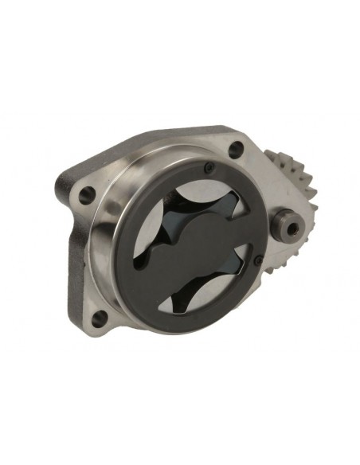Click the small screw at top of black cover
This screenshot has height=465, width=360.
(x=209, y=168)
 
